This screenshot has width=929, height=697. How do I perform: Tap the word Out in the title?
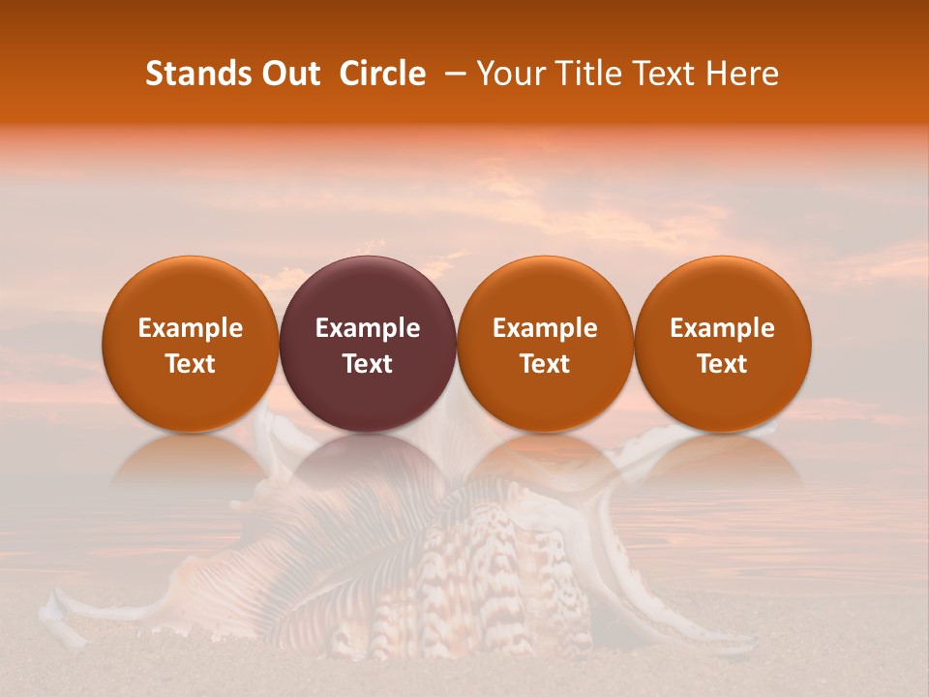tap(287, 74)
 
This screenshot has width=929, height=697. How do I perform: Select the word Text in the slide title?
tap(667, 74)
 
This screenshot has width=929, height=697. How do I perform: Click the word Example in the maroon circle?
tap(368, 328)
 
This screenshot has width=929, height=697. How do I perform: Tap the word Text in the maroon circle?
tap(368, 364)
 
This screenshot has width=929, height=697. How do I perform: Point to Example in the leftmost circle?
tap(191, 328)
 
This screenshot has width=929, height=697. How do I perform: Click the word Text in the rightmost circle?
tap(723, 364)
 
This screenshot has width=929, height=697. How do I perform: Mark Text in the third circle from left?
tap(545, 364)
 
